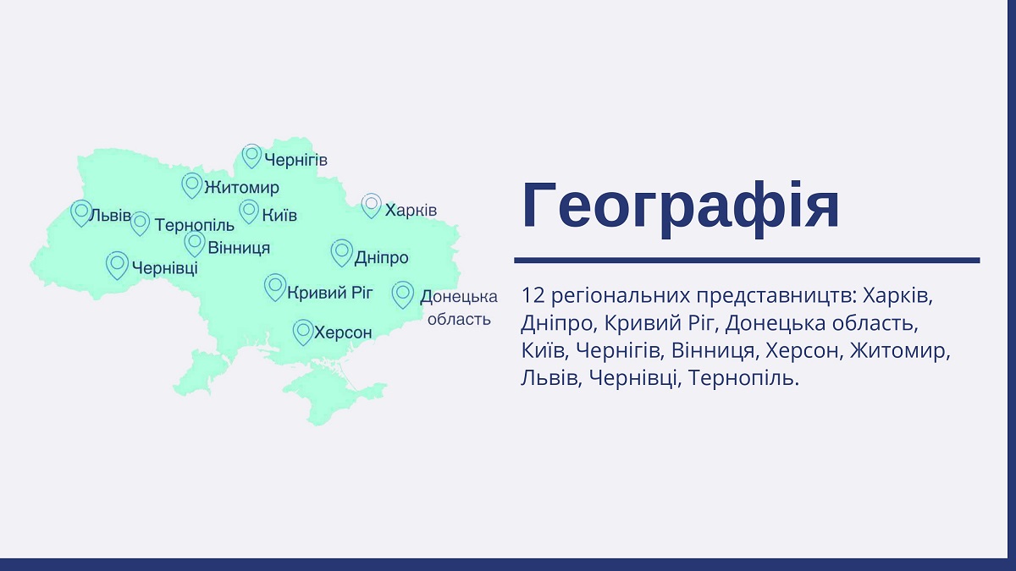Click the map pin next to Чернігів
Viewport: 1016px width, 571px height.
(x=251, y=156)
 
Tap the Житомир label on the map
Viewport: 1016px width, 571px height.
(x=242, y=187)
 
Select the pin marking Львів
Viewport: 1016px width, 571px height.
(x=81, y=213)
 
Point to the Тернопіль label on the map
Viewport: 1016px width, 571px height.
(x=195, y=225)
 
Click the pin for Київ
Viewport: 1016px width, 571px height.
(x=249, y=211)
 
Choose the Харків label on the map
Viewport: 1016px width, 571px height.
(x=411, y=210)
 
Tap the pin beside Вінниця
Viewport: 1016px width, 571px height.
(x=195, y=244)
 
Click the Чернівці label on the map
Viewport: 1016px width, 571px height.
(x=165, y=267)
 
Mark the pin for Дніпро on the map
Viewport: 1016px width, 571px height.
(x=342, y=253)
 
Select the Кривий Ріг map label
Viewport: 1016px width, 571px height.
(x=330, y=293)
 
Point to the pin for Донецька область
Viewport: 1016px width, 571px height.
(x=403, y=294)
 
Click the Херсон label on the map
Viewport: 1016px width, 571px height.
(x=343, y=332)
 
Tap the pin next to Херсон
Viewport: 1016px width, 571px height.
(x=303, y=332)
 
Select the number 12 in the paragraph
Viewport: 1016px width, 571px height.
(x=533, y=295)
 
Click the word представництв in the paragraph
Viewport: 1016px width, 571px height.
(x=776, y=297)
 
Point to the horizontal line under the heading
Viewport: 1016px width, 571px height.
(x=747, y=261)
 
